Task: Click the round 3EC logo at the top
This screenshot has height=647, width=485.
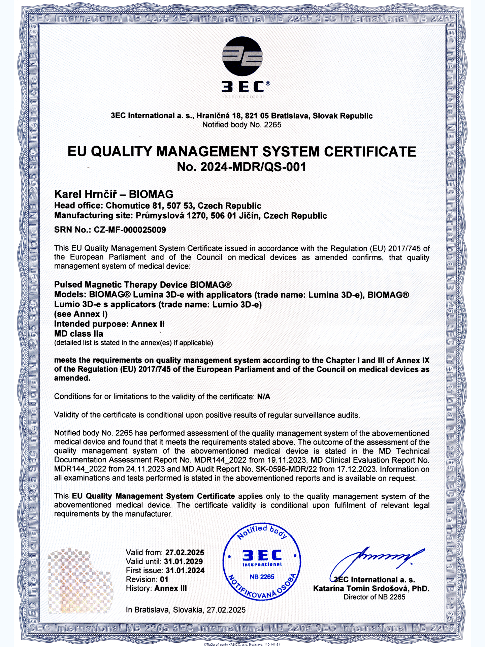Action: [242, 56]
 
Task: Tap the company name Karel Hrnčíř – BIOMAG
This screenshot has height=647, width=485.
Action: [114, 194]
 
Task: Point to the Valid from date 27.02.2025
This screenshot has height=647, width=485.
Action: [185, 553]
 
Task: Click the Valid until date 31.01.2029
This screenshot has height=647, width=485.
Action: [183, 561]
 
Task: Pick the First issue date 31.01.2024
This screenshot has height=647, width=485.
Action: [185, 571]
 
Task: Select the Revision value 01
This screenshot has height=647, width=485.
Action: [164, 579]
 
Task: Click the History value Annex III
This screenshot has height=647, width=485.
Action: [170, 588]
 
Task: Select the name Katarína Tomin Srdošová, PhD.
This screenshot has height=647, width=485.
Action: [371, 589]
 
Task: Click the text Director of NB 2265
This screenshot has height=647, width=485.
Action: [374, 597]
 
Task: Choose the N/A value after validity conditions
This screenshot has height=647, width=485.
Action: [264, 397]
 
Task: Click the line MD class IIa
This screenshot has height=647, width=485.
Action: [79, 334]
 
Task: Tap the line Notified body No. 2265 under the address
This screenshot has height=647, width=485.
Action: [241, 125]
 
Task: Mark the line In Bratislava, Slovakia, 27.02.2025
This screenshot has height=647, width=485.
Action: [186, 610]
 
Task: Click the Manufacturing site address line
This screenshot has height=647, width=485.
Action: [190, 216]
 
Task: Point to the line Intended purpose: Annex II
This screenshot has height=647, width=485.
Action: [109, 324]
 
